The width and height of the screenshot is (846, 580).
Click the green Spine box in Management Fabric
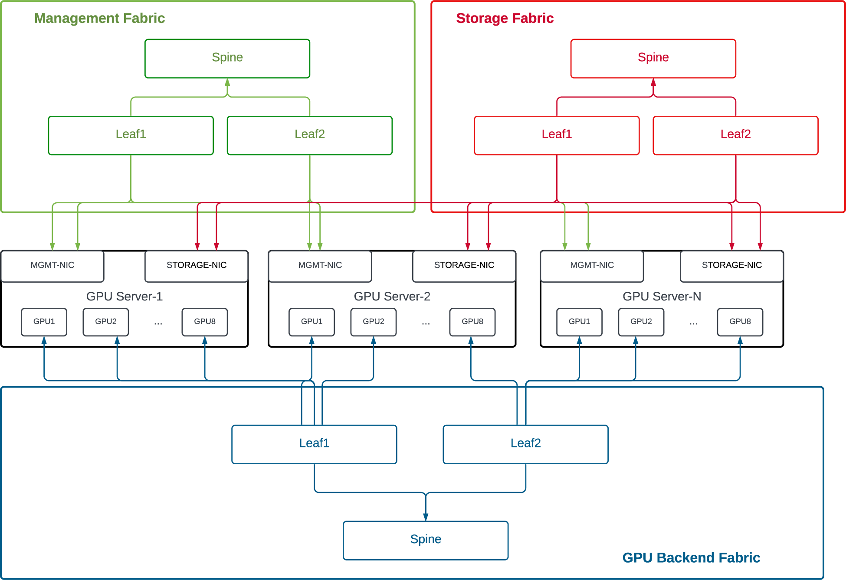227,59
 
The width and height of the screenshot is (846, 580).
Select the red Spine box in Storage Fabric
653,59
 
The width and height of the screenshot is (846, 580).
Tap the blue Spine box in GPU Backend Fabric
425,540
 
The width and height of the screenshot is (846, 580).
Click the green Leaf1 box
131,135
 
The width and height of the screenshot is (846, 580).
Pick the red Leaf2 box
735,135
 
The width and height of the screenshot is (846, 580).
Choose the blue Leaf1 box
314,444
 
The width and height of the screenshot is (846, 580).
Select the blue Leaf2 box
525,444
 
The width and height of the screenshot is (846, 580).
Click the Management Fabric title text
99,18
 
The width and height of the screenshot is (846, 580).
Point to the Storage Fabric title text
505,18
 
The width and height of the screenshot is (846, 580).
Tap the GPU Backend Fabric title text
691,557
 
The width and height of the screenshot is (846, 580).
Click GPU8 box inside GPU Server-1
204,322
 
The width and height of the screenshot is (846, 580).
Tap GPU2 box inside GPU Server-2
373,322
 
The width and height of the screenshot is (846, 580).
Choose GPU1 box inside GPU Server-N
579,322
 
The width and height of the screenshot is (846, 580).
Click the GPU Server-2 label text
392,297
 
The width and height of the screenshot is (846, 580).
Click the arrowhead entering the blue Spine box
426,517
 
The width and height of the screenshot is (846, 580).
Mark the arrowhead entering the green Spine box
227,82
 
